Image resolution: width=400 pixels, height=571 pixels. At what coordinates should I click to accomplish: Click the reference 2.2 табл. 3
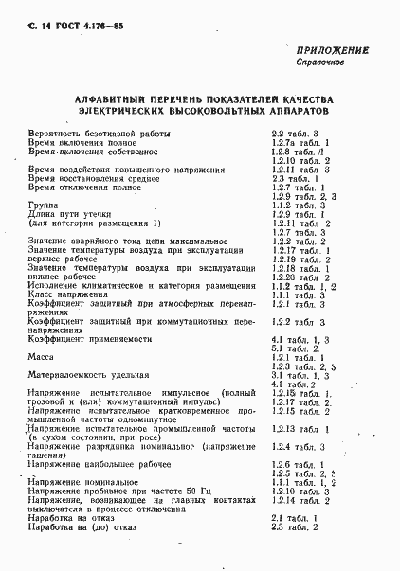tap(294, 134)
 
